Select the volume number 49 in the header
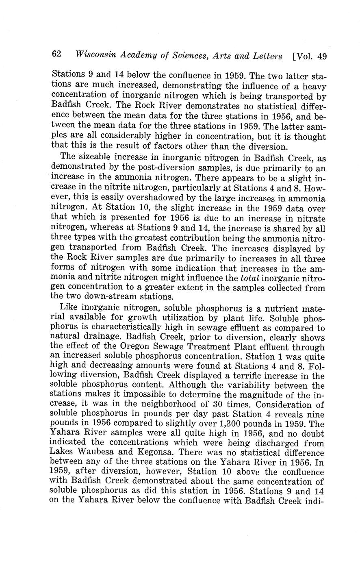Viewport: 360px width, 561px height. (x=322, y=56)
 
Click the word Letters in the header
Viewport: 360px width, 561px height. (x=265, y=56)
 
